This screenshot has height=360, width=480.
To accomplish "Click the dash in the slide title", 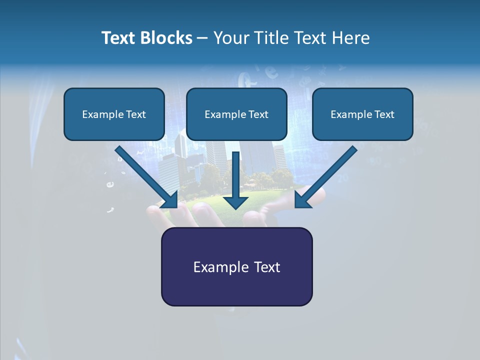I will click(202, 38).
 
